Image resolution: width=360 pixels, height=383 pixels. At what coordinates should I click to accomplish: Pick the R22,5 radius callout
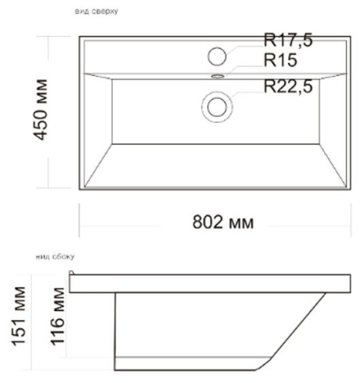pos(289,87)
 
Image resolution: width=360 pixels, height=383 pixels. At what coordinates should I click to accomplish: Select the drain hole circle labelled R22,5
pos(217,106)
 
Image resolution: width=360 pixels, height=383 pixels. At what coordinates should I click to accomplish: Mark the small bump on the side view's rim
pos(72,273)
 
